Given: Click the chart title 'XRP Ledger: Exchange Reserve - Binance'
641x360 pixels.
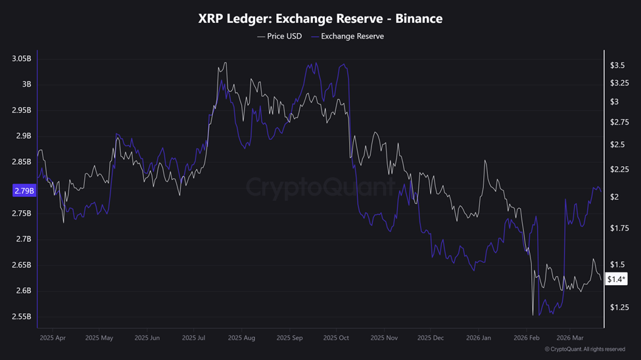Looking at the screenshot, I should [x=320, y=18].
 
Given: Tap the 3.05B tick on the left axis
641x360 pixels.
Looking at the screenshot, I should [x=21, y=58].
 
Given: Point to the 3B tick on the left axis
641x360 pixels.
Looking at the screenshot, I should [x=26, y=84].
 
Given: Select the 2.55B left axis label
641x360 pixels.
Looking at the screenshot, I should [x=21, y=317].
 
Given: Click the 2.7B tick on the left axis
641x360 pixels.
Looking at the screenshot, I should [x=23, y=239].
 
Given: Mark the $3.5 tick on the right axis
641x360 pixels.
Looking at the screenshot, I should [x=617, y=65].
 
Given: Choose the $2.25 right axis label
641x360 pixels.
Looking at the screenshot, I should [x=619, y=169].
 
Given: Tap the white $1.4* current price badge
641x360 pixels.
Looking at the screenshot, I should [x=616, y=280].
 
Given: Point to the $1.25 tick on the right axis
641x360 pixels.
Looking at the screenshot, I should [x=619, y=307].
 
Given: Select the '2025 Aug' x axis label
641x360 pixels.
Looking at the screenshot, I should [x=241, y=338].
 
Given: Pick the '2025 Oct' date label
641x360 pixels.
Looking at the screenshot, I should [x=335, y=338].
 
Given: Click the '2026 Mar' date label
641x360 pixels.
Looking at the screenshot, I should [x=569, y=338].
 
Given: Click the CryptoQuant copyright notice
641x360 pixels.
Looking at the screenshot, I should [x=584, y=349].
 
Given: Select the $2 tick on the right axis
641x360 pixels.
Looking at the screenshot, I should [x=615, y=197].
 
